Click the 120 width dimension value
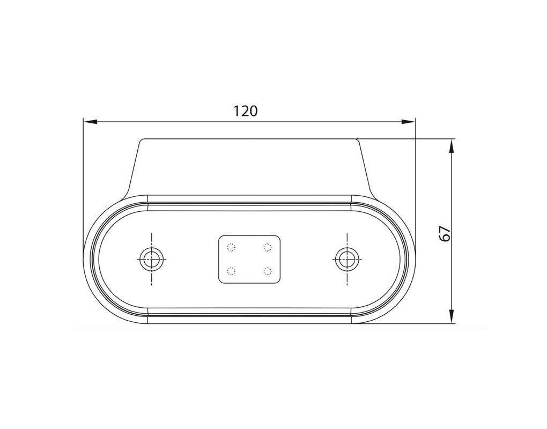[245, 111]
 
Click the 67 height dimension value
[445, 233]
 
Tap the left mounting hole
[152, 259]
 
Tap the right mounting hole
[347, 259]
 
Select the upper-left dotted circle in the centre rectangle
[231, 247]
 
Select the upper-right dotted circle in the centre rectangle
[268, 247]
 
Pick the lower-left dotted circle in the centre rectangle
[231, 271]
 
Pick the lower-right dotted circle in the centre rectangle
[268, 271]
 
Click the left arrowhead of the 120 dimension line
[90, 122]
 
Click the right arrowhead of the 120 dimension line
[409, 122]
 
